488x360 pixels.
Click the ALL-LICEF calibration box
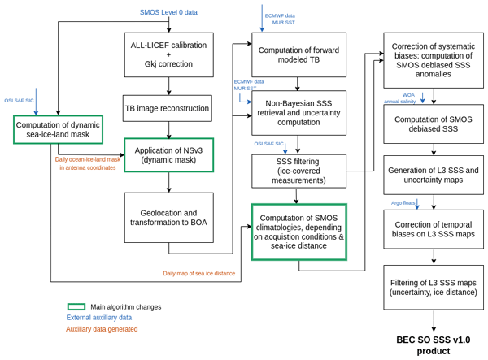(168, 54)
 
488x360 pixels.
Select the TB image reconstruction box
(167, 108)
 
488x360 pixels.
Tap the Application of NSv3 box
(168, 154)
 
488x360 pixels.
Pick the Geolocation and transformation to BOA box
(168, 217)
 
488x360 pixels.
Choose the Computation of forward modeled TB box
(298, 54)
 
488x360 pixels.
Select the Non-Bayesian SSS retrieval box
(298, 112)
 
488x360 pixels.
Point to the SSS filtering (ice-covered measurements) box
(298, 171)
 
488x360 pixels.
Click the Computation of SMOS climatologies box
(298, 232)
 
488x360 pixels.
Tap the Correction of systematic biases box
(433, 60)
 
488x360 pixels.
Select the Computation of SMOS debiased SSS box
(433, 124)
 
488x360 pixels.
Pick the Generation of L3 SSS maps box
(433, 175)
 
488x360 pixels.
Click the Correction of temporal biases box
(433, 229)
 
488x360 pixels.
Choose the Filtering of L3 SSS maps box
(433, 287)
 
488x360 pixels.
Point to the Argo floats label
(403, 203)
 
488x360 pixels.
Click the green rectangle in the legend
(76, 306)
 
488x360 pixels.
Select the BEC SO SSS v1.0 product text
(433, 345)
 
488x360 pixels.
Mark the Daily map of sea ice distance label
(198, 274)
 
